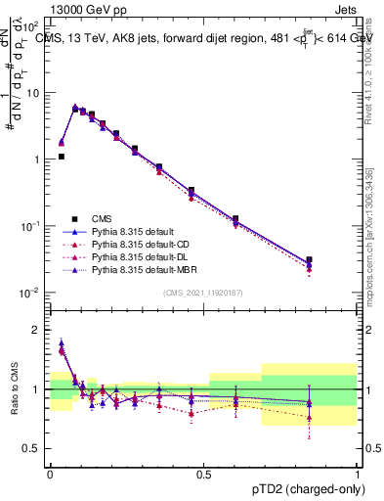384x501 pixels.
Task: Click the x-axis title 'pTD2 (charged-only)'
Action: [x=302, y=486]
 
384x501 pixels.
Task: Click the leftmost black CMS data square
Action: [x=61, y=156]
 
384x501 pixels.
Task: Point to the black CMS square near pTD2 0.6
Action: [x=235, y=219]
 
